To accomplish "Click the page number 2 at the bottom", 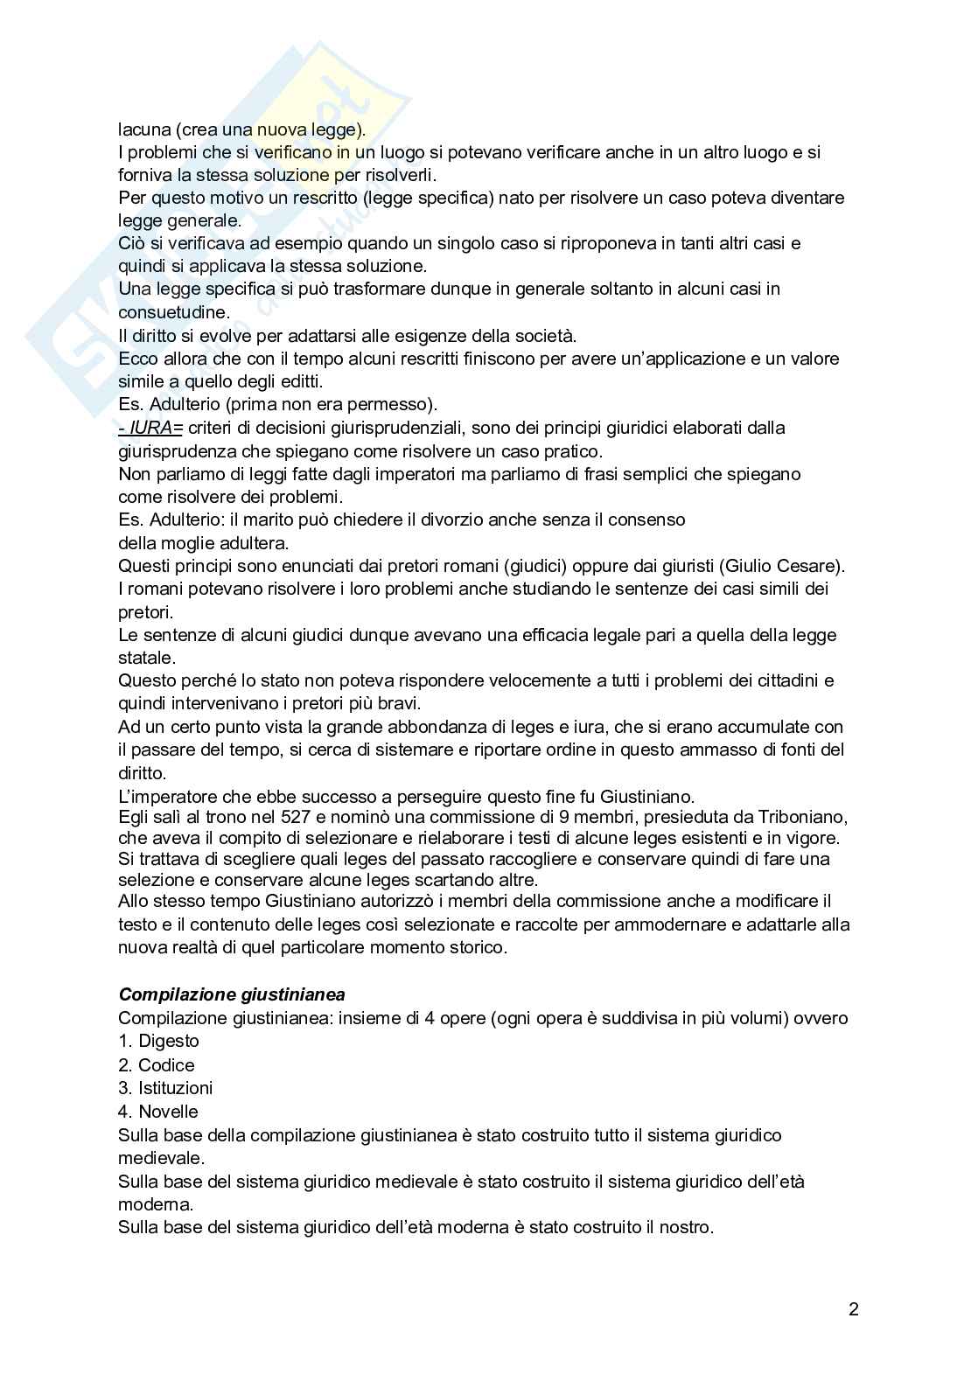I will click(853, 1309).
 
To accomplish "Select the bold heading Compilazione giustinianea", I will click(232, 994).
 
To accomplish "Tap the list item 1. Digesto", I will click(158, 1041).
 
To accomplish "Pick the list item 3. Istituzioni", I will click(165, 1088).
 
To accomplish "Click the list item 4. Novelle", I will click(158, 1112).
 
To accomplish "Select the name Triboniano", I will click(801, 817).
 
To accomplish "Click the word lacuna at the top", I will click(144, 129).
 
